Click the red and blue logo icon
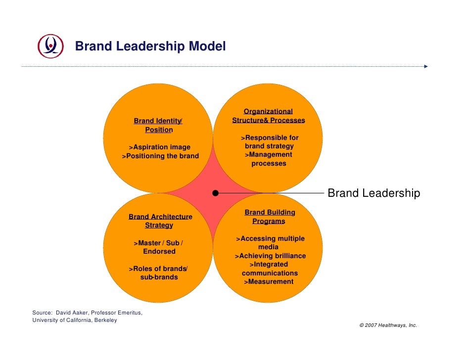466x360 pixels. (50, 46)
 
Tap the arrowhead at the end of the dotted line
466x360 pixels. (425, 66)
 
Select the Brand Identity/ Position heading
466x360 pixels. (158, 125)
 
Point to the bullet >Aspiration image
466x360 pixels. (159, 147)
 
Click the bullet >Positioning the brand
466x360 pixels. (160, 156)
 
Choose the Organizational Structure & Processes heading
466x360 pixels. (268, 116)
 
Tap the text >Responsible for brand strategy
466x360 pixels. (269, 142)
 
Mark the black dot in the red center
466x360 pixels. (216, 193)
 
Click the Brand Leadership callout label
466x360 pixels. (374, 193)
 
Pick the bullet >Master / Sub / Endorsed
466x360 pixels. (159, 247)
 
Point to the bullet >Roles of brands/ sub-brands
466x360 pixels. (159, 273)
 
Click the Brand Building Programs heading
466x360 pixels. (270, 217)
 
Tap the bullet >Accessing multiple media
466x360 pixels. (270, 243)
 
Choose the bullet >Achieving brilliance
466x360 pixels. (270, 256)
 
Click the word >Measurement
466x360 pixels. (269, 282)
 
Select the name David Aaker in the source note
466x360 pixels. (72, 313)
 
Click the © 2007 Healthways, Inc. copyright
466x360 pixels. (388, 325)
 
